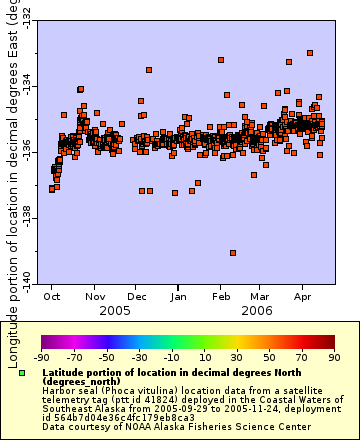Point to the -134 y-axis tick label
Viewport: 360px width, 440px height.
25,89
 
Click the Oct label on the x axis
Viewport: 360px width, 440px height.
52,297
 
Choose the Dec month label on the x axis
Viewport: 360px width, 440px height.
138,297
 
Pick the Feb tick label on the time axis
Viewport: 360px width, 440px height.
222,297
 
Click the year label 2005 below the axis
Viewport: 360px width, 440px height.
94,311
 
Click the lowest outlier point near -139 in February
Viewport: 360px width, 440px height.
233,253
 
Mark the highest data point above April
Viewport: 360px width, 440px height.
310,53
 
